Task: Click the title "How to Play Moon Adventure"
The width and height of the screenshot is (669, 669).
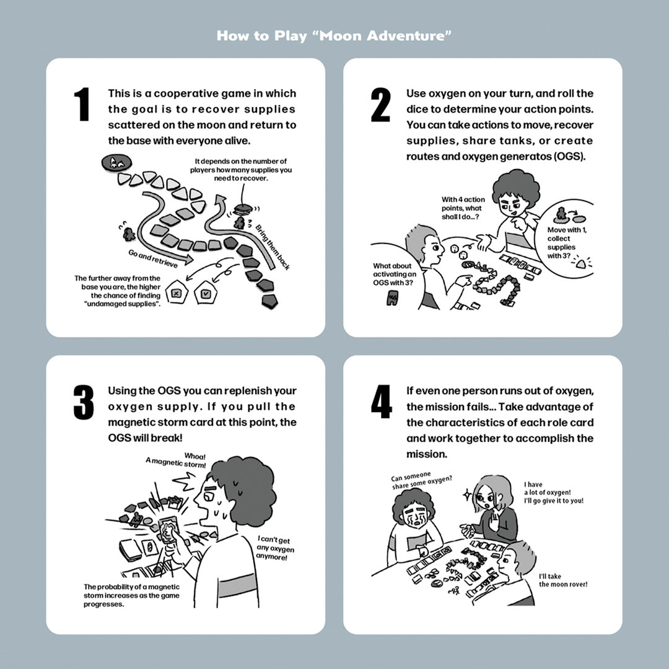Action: [x=334, y=35]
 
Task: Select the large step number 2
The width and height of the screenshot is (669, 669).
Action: [x=380, y=105]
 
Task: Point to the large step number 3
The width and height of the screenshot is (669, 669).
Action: [x=83, y=402]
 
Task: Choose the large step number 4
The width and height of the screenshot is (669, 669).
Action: [x=381, y=402]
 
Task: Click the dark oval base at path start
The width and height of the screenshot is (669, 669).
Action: [x=115, y=164]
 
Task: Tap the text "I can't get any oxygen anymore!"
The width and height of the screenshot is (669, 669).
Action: [x=273, y=548]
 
